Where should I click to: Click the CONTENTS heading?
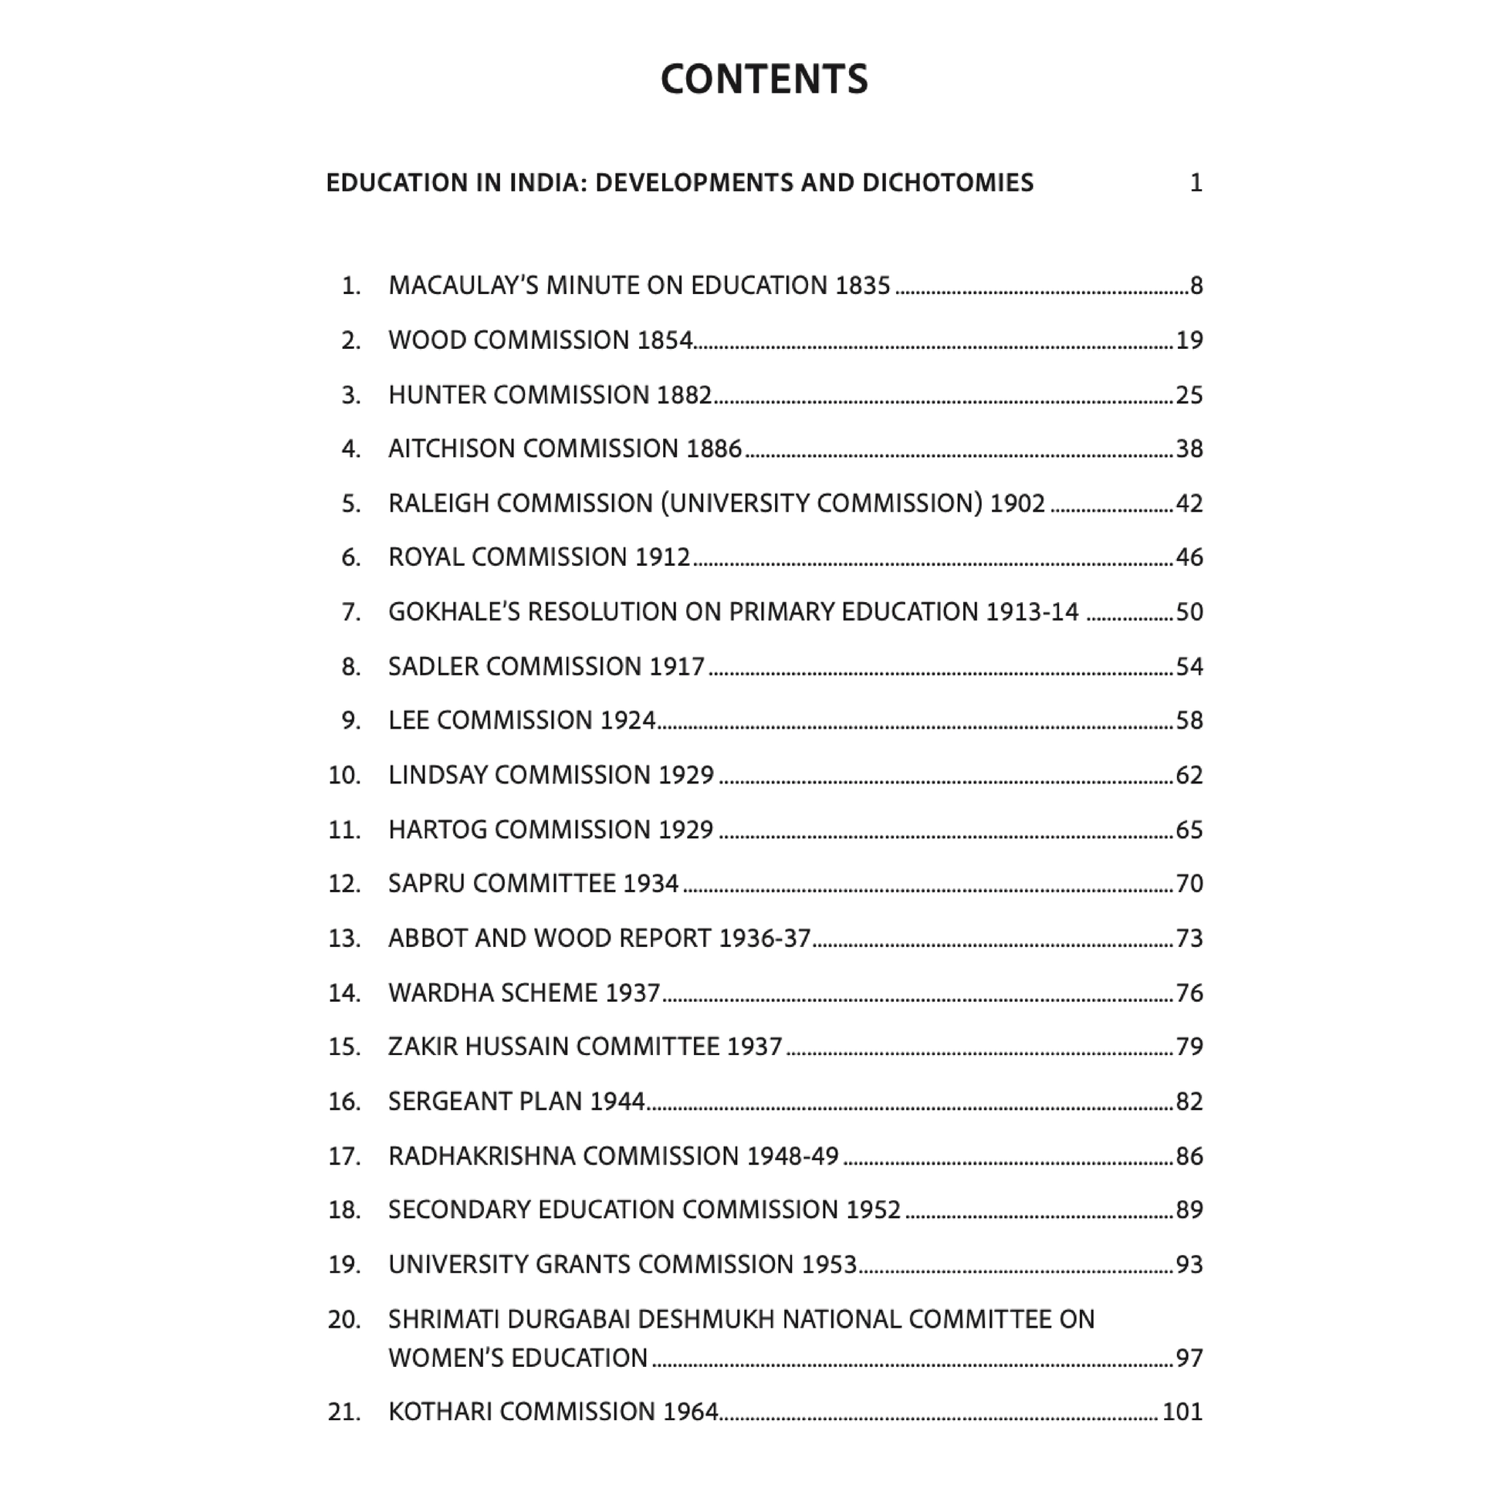click(x=763, y=79)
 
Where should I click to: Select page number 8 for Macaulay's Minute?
click(x=1196, y=286)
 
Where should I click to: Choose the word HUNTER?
click(x=437, y=395)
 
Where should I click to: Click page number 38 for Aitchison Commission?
click(x=1189, y=449)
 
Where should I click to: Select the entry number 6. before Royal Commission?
click(x=351, y=557)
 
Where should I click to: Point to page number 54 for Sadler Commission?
click(x=1189, y=667)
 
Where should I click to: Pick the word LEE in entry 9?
click(x=408, y=721)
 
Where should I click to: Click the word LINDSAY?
click(x=437, y=775)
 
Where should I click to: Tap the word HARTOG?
click(x=437, y=830)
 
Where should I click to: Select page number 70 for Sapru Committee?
click(x=1189, y=884)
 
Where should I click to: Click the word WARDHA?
click(x=441, y=993)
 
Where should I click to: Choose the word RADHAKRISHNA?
click(x=482, y=1156)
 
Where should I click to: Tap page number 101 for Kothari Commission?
click(x=1182, y=1411)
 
